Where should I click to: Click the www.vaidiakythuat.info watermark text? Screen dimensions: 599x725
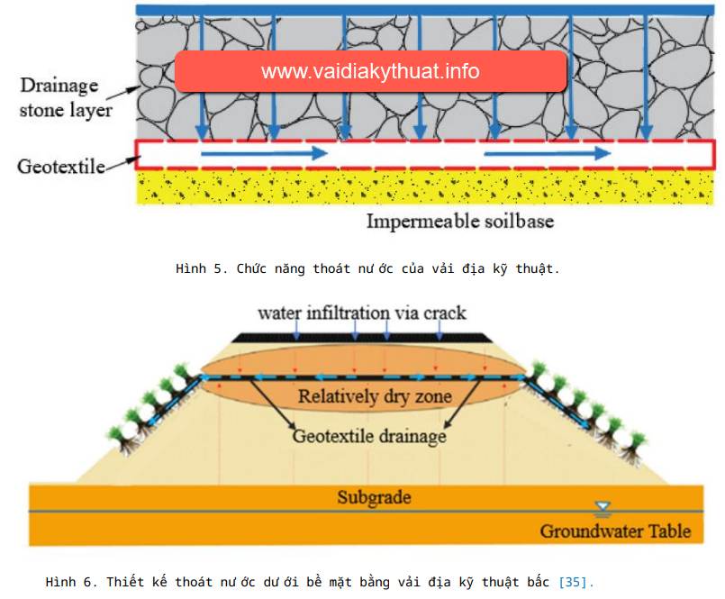(x=370, y=71)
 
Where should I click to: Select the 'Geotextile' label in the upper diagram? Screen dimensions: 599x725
(x=59, y=166)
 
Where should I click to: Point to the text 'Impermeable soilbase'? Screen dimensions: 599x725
(x=459, y=221)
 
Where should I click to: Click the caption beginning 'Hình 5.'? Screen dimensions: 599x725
(x=367, y=268)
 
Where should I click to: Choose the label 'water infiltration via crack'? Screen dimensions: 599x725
(x=362, y=313)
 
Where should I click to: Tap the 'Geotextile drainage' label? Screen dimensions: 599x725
(x=369, y=437)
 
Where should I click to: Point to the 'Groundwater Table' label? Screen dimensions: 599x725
(x=615, y=531)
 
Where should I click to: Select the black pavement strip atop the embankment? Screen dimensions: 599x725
(x=362, y=337)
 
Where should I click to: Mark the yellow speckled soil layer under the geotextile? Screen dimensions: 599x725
(x=423, y=187)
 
